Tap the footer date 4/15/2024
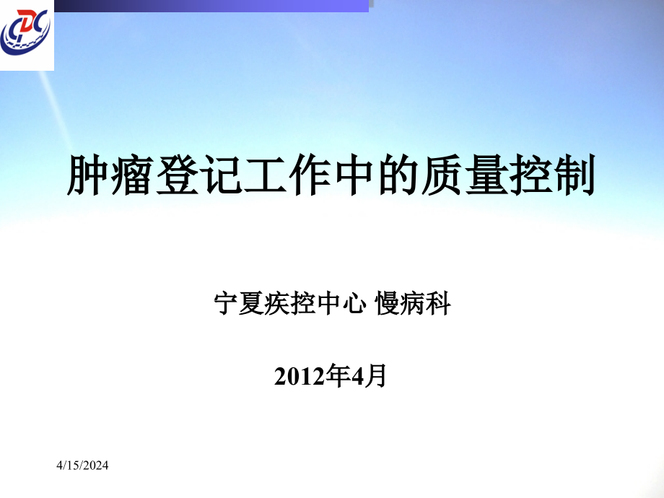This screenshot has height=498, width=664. tap(82, 466)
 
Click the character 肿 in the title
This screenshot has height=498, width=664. tap(87, 175)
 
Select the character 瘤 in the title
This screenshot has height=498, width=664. tap(132, 175)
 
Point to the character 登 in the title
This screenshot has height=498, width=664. tap(176, 175)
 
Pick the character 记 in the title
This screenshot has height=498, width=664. tap(221, 175)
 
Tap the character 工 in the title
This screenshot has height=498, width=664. tap(265, 175)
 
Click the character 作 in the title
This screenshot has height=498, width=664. tap(309, 175)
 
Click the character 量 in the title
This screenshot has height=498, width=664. tap(486, 175)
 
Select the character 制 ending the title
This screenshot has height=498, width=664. tap(575, 175)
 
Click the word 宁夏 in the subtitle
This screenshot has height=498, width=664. tap(239, 303)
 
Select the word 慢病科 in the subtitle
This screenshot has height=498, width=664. tap(413, 303)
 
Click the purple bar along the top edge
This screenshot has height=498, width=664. tap(211, 6)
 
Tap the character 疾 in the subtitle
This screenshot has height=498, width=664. tap(277, 303)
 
